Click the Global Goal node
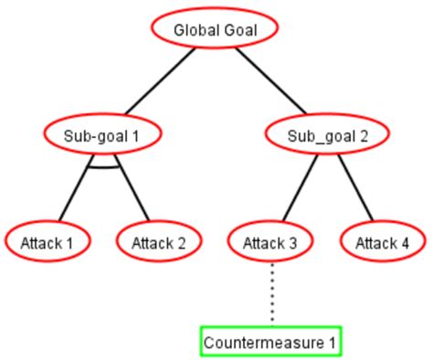pyautogui.click(x=215, y=29)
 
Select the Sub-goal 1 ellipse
pyautogui.click(x=101, y=136)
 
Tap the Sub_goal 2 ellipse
pyautogui.click(x=327, y=136)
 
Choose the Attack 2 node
pyautogui.click(x=158, y=242)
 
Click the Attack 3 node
pyautogui.click(x=270, y=242)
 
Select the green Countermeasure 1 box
pyautogui.click(x=270, y=343)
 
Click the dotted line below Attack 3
pyautogui.click(x=271, y=292)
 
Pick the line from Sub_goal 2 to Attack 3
pyautogui.click(x=300, y=187)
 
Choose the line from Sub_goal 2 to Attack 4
pyautogui.click(x=354, y=187)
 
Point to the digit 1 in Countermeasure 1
pyautogui.click(x=333, y=344)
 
